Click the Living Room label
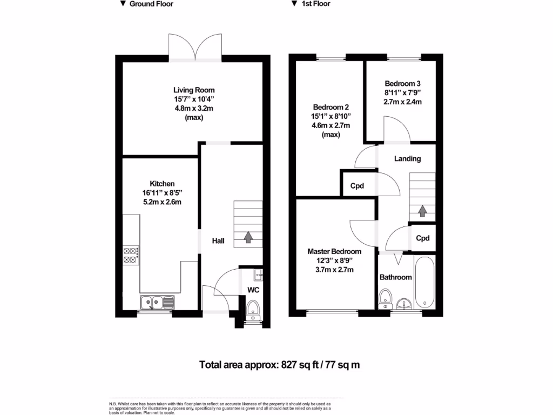[193, 90]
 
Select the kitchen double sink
[156, 302]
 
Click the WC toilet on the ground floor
[253, 310]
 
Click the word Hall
[218, 242]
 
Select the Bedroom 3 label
[402, 84]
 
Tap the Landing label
[407, 159]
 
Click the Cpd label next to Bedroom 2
[357, 186]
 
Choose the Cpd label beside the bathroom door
[423, 238]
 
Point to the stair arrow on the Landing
[422, 211]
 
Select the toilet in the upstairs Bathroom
[386, 297]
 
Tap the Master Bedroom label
[334, 251]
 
